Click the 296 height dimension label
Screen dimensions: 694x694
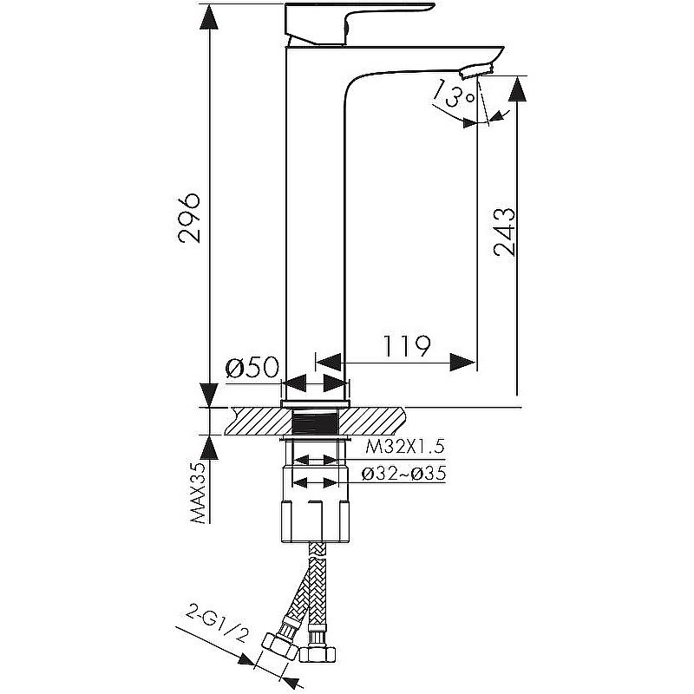(x=190, y=218)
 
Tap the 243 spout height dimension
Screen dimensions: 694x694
(x=505, y=232)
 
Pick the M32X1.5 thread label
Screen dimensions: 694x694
(x=405, y=448)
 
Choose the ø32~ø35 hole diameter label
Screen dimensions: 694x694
(x=405, y=475)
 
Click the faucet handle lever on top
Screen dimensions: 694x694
(x=356, y=22)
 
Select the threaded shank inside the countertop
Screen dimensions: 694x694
(x=317, y=422)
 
